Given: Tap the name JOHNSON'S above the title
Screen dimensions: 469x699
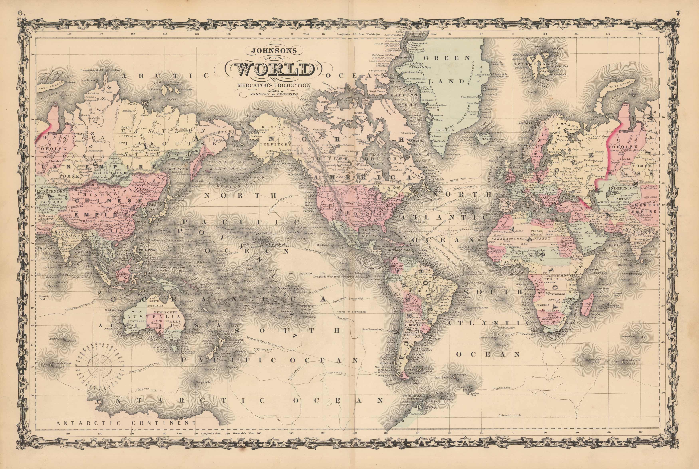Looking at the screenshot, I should point(274,51).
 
